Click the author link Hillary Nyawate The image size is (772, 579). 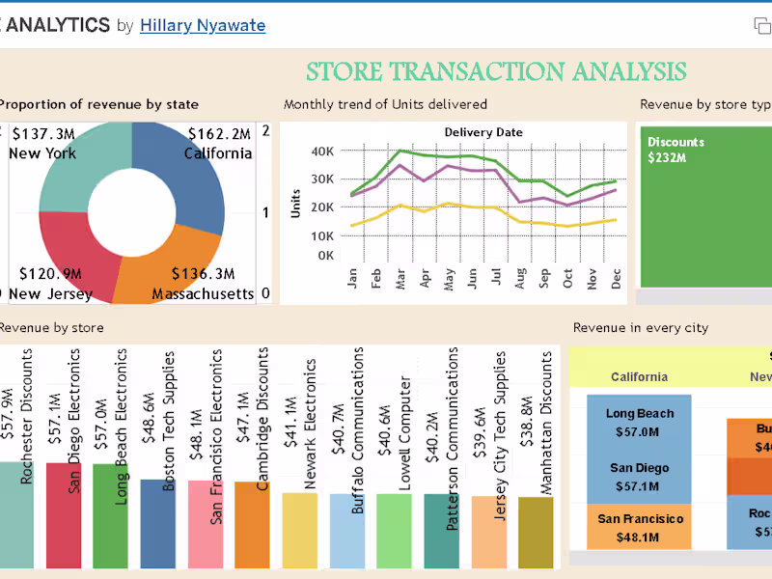(x=203, y=26)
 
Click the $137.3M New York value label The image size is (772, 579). (x=43, y=133)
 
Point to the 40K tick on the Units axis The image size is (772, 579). (x=321, y=151)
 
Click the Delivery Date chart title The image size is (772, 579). (x=482, y=132)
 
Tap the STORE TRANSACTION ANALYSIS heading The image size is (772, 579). (x=496, y=71)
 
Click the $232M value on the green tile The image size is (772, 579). (x=667, y=157)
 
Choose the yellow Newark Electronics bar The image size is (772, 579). (x=299, y=530)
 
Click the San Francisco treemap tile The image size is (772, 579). (x=640, y=527)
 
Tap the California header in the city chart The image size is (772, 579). (x=639, y=377)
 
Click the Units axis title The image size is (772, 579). (x=296, y=202)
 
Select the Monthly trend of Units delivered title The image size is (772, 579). (x=385, y=104)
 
